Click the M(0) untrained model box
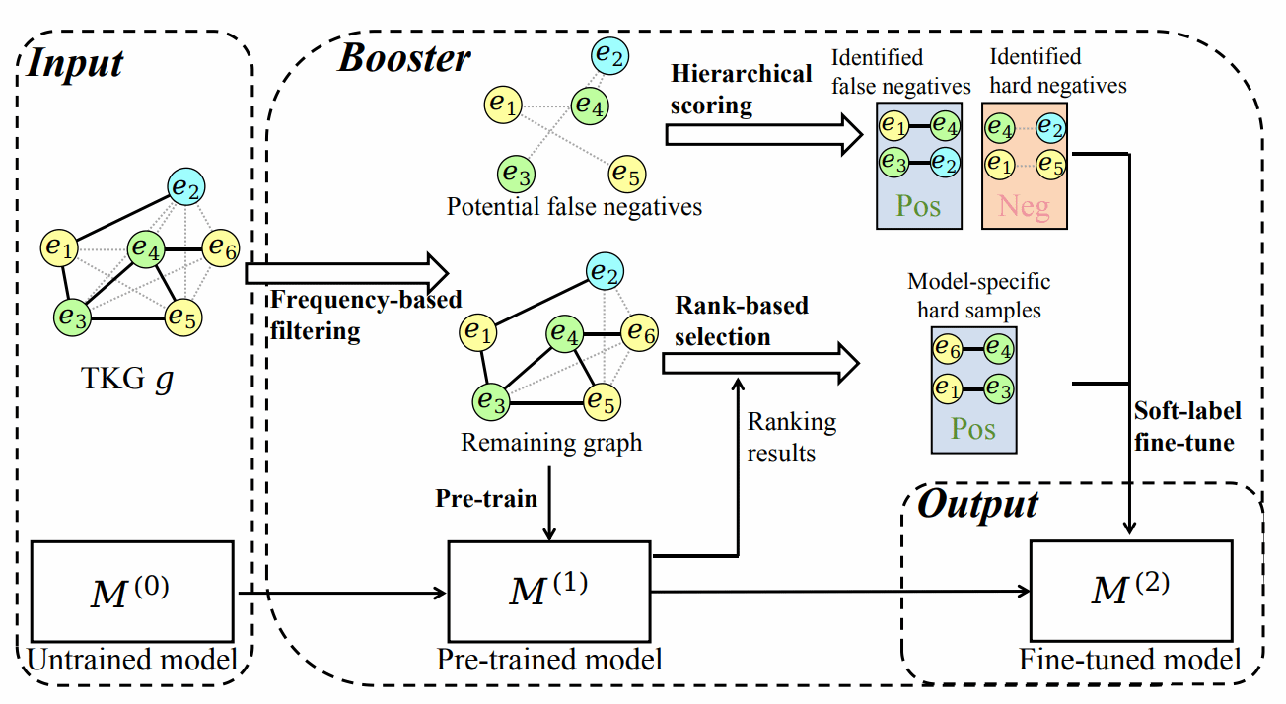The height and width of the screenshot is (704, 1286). tap(132, 592)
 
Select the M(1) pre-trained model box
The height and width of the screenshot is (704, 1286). tap(549, 592)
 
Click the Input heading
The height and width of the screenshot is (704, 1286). tap(75, 63)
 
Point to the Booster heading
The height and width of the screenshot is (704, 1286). tap(404, 59)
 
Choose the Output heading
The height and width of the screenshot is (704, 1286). tap(977, 505)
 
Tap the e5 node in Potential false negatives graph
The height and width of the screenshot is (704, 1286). tap(626, 174)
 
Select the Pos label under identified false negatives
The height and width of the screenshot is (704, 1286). tap(918, 207)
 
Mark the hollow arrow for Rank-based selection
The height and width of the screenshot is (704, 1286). tap(758, 363)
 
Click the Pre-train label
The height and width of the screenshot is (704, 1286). tap(486, 498)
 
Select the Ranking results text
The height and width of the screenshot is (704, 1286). tap(791, 438)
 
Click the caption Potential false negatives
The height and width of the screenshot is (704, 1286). tap(574, 207)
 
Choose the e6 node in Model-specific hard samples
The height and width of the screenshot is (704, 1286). tap(949, 349)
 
